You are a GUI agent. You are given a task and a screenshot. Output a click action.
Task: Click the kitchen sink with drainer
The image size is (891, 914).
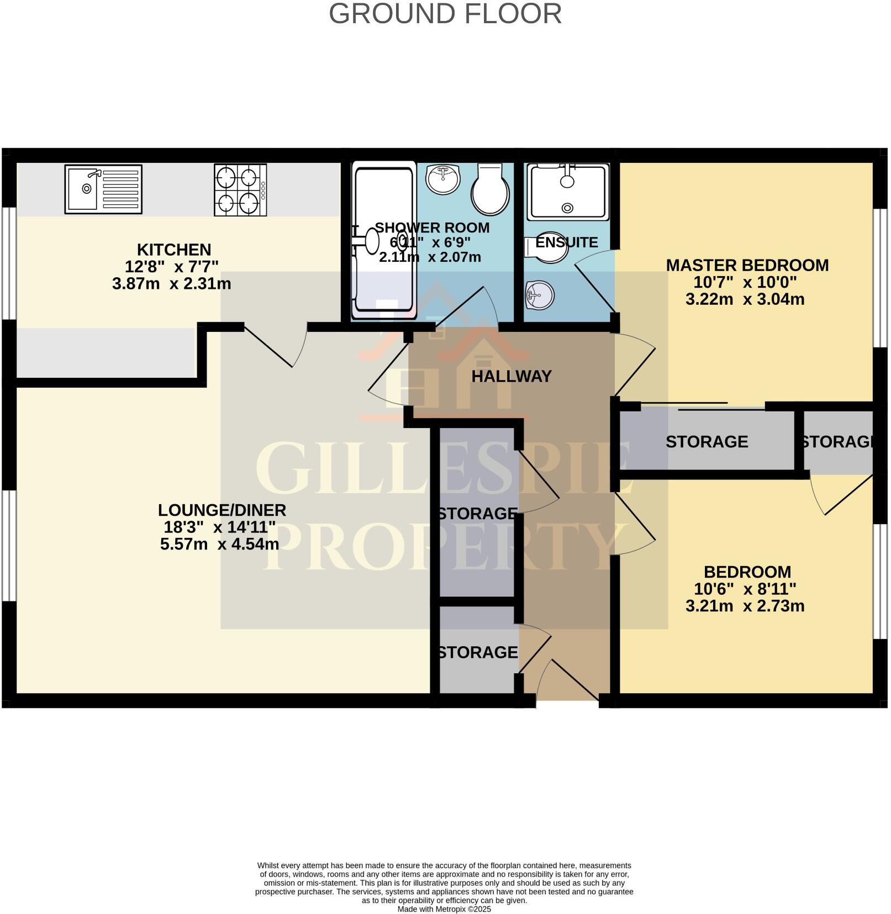[103, 189]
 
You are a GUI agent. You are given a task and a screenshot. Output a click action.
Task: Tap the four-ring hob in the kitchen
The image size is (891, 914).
[240, 190]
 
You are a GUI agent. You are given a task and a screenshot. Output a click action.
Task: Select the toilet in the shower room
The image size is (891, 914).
[490, 189]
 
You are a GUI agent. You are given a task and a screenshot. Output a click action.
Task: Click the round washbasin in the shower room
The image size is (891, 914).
[443, 179]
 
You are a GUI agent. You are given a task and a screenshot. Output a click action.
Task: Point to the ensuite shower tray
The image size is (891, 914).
[567, 192]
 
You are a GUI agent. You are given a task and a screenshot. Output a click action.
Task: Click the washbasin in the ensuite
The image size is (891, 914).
[539, 294]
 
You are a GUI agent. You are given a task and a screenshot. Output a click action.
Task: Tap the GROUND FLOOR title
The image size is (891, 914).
[445, 14]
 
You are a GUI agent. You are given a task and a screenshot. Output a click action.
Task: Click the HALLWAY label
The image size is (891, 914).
[512, 377]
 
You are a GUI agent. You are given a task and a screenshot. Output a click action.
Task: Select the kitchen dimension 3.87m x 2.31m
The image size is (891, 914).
[171, 284]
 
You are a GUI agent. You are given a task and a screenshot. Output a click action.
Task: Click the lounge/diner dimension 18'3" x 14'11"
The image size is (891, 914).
[220, 527]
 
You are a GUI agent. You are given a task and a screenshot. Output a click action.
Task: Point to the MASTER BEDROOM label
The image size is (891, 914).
[747, 265]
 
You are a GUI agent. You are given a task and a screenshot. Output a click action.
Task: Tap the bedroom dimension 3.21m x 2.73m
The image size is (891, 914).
[745, 606]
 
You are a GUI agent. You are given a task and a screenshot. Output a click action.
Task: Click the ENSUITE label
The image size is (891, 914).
[567, 242]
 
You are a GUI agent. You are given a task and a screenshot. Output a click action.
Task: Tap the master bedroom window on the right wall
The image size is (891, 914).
[878, 278]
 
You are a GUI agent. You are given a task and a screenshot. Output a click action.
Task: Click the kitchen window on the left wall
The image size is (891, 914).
[8, 263]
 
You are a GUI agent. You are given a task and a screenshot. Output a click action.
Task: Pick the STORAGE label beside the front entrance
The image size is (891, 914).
[478, 652]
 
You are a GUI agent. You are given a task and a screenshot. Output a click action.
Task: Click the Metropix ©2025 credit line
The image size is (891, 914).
[444, 909]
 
